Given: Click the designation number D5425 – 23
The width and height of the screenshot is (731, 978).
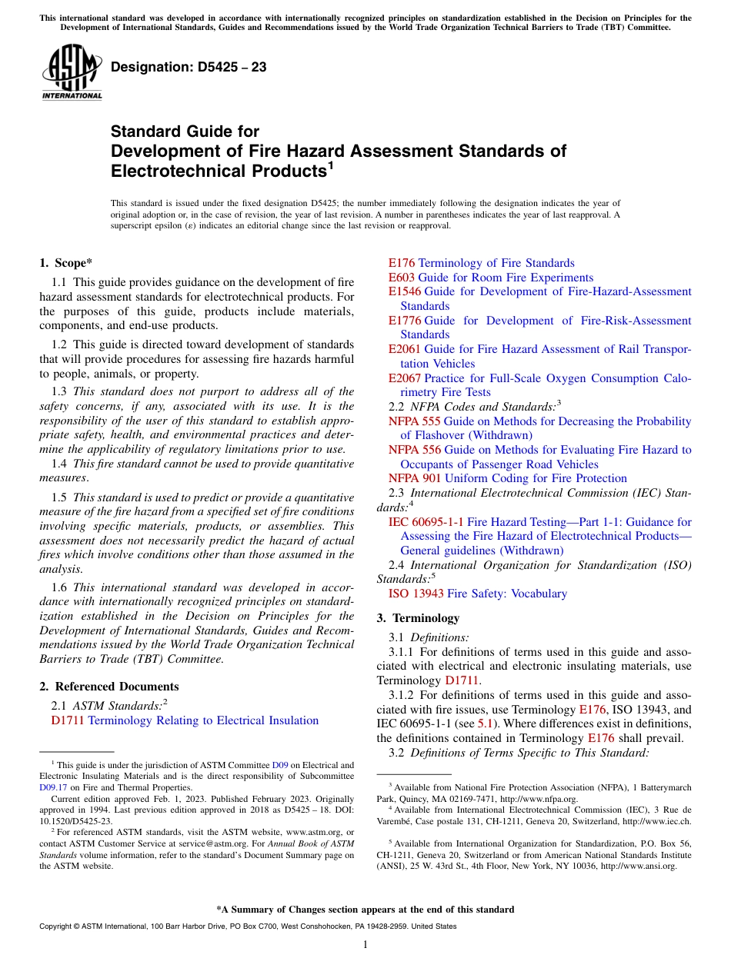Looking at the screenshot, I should tap(189, 68).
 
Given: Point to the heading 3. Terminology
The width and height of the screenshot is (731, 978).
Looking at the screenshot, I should tap(418, 618).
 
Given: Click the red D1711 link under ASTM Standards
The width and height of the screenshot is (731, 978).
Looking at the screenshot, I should tap(68, 720).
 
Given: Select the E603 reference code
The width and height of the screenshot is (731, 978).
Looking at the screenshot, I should tap(402, 278).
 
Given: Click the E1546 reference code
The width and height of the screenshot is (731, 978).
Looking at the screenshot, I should tap(405, 291).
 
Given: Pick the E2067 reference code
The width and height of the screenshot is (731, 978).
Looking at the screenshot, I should tap(405, 378).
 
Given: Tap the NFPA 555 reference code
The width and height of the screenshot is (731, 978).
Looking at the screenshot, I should tap(414, 421).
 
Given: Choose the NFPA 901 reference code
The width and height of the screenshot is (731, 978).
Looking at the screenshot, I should tap(414, 478).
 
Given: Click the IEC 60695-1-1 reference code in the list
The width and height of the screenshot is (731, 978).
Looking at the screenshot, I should tap(426, 522).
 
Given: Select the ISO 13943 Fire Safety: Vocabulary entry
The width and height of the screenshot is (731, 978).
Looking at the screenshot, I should tap(477, 594).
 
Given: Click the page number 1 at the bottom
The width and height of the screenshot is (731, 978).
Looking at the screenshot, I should tap(365, 945).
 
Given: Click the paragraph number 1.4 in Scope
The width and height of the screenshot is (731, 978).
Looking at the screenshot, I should tap(60, 464).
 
